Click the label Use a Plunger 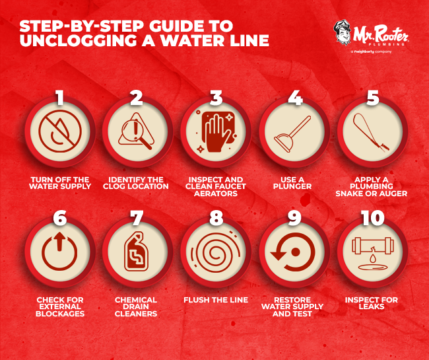tap(294, 183)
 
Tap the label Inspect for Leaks tap(372, 304)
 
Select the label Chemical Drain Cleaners tap(137, 307)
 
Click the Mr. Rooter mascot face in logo tap(345, 33)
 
